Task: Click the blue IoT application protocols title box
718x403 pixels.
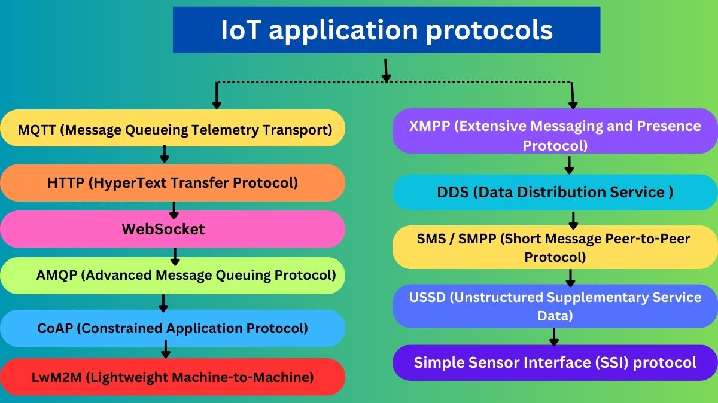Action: (387, 30)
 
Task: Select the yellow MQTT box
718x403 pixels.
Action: (174, 129)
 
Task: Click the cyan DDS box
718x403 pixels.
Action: (555, 192)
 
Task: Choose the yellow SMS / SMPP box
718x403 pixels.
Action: (555, 248)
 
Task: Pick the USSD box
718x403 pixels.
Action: (555, 306)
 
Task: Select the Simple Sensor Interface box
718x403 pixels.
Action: (555, 362)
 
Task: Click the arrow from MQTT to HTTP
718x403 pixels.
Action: (164, 154)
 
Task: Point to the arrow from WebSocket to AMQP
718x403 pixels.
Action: (175, 257)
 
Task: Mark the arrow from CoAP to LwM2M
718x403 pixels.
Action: (166, 349)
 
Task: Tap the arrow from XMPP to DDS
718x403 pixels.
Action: (570, 164)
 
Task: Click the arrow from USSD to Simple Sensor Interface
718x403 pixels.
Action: (554, 337)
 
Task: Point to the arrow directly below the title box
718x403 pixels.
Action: (387, 70)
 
